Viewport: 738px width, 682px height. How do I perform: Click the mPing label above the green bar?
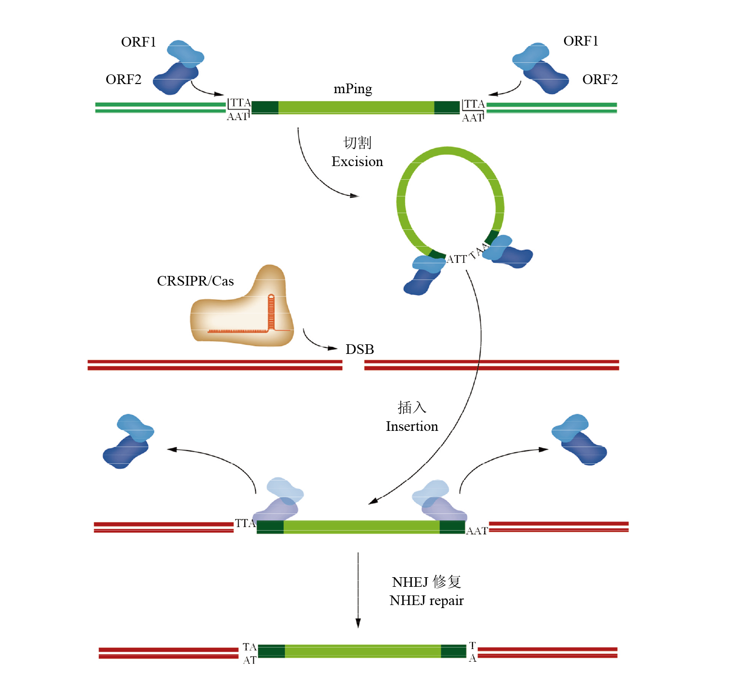[353, 89]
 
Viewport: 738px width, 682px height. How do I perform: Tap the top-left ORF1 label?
[138, 42]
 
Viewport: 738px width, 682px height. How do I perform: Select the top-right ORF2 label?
[599, 79]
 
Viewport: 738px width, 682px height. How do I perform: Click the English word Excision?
[357, 162]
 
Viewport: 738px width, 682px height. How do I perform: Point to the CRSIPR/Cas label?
[195, 281]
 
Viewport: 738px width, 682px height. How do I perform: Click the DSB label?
[360, 349]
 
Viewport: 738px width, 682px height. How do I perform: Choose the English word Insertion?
[412, 426]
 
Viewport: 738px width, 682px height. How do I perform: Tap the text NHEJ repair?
[426, 600]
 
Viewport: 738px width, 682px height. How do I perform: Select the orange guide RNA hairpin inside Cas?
[271, 311]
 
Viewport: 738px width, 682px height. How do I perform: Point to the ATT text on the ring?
[457, 259]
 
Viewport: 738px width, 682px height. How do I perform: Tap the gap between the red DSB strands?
[353, 365]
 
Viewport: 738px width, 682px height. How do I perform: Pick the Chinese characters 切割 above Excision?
[357, 143]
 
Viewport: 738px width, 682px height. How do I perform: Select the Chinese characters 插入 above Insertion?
[412, 407]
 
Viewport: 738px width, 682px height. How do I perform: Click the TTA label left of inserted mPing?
[245, 523]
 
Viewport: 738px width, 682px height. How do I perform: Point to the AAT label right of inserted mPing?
[476, 531]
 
